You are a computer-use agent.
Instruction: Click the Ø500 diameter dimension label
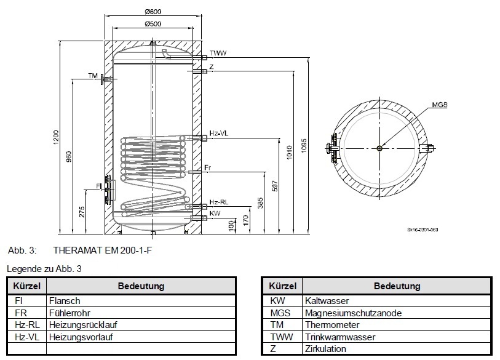click(x=154, y=24)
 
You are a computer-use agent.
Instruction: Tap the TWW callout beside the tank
click(x=217, y=54)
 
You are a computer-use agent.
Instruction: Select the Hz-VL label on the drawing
click(x=218, y=133)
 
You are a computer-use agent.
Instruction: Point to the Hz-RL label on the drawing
click(x=218, y=202)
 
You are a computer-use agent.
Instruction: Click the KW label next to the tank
click(x=215, y=213)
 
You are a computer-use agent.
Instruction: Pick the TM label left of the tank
click(x=92, y=76)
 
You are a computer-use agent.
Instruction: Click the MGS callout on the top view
click(x=438, y=105)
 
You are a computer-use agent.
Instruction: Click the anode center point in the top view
click(x=381, y=148)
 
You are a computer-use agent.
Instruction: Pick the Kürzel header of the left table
click(x=26, y=286)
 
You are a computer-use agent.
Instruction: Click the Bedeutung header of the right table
click(x=397, y=286)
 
